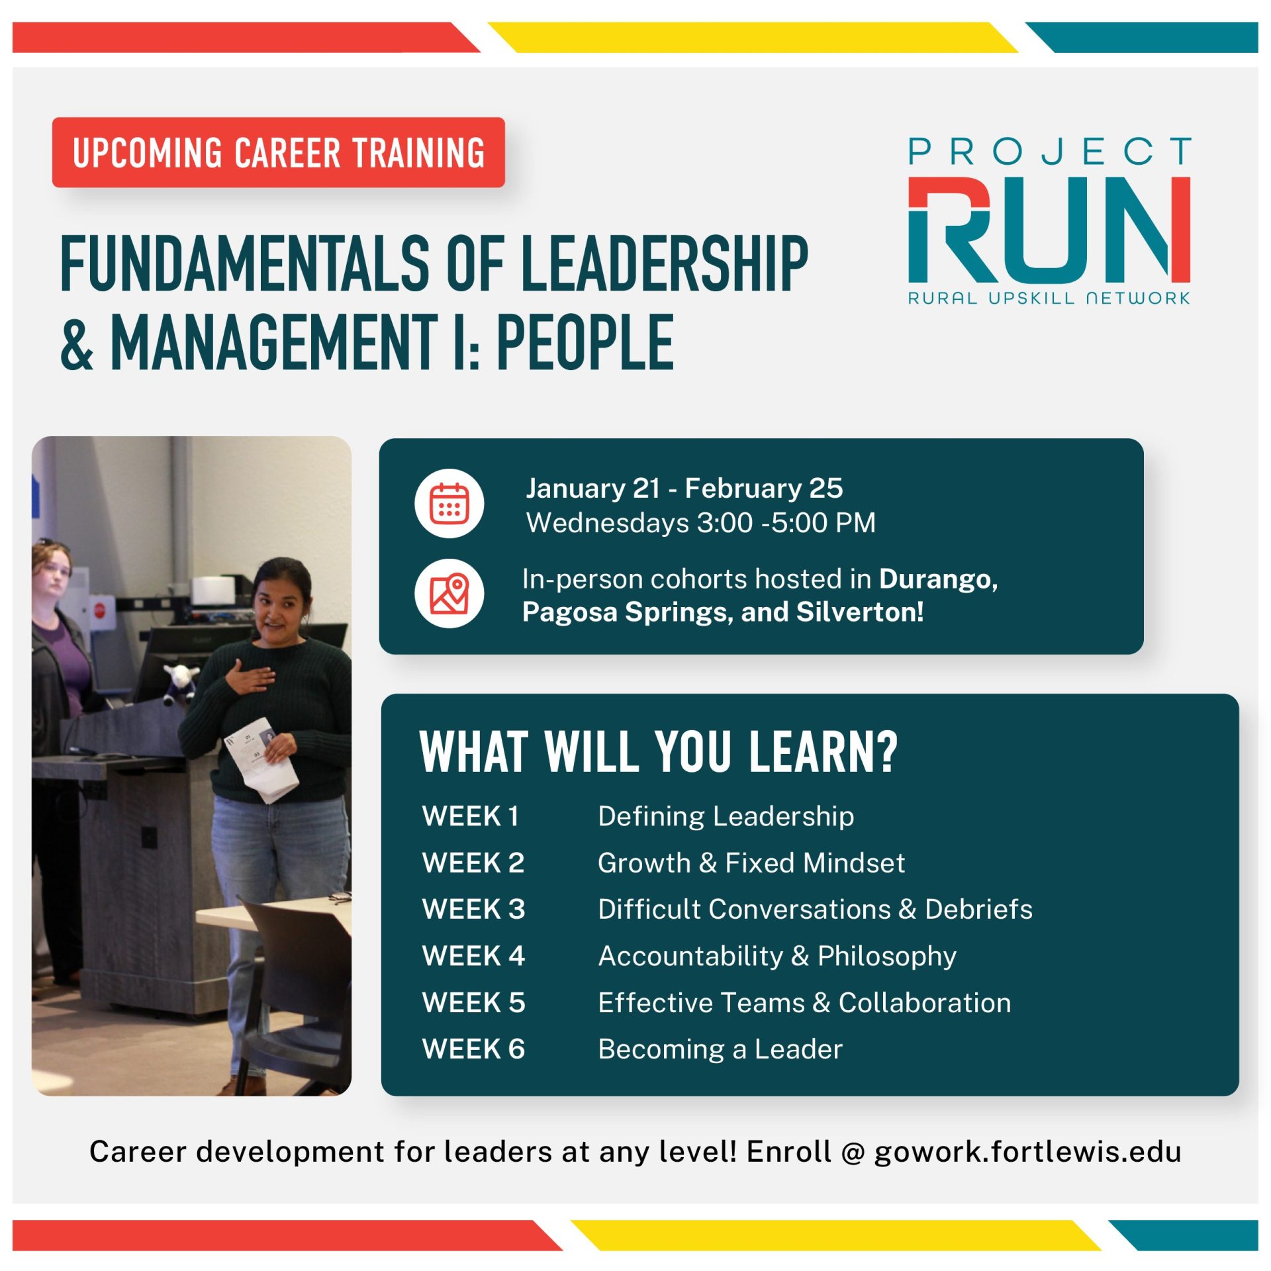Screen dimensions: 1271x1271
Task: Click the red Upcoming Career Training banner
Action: click(279, 152)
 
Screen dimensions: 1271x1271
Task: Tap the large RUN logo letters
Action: click(1049, 229)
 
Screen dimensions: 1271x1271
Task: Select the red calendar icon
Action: click(449, 503)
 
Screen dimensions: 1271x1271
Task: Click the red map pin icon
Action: click(449, 593)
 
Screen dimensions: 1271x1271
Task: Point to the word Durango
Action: click(938, 579)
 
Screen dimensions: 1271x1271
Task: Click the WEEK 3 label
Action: click(473, 909)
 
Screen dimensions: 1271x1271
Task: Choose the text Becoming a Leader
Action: click(720, 1049)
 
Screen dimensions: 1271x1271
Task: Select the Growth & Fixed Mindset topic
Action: click(751, 863)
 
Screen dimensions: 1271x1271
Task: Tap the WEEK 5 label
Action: click(473, 1002)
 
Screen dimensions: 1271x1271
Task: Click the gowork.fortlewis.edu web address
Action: click(1027, 1152)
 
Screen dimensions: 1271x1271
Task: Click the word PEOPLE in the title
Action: click(585, 342)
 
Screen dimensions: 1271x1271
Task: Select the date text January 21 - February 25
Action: click(684, 488)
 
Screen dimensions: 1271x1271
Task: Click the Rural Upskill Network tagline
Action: click(1049, 298)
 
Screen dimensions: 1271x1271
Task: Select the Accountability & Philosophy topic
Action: click(777, 956)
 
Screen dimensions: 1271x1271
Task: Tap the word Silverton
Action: click(859, 612)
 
